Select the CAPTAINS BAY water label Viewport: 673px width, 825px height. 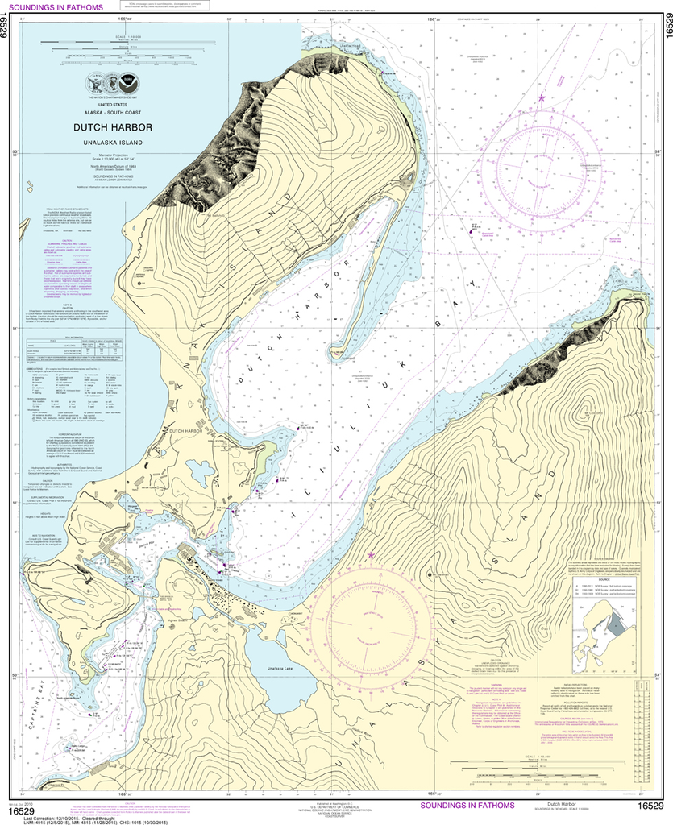pos(35,711)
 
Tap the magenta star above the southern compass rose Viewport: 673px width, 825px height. pos(371,556)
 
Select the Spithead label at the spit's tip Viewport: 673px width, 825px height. pos(347,360)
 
